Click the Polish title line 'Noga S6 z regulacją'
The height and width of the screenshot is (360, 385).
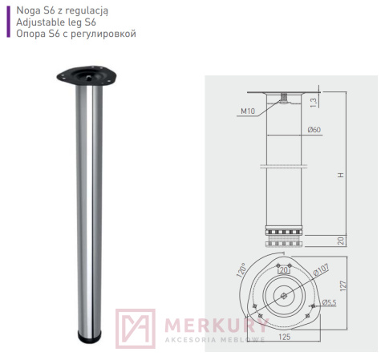pos(62,10)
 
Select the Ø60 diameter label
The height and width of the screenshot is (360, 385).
pos(314,130)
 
